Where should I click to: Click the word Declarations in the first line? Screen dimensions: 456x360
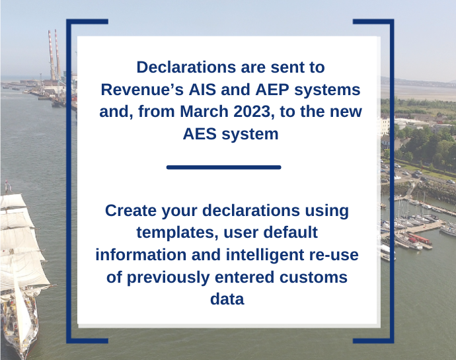(186, 67)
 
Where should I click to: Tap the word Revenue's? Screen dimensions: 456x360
(142, 89)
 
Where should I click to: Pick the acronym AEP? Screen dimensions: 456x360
(272, 89)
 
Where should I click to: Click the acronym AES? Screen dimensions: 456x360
(200, 134)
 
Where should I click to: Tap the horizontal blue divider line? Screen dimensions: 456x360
(223, 167)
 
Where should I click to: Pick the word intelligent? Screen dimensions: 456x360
(265, 255)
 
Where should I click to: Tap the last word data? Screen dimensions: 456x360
(227, 299)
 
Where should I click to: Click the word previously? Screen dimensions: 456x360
(169, 277)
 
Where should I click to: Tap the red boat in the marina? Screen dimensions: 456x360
(420, 239)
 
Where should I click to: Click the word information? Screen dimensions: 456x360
(141, 255)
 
